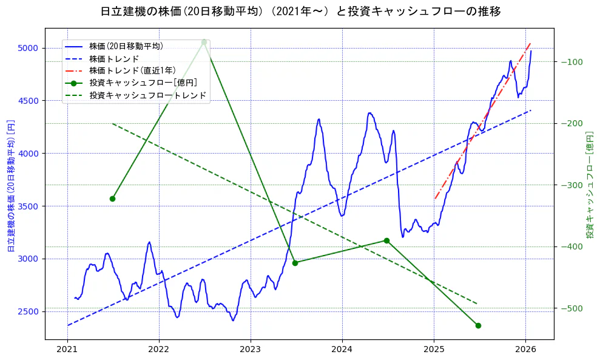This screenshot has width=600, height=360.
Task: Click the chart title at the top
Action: (300, 11)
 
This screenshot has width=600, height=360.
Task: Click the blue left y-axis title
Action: (10, 185)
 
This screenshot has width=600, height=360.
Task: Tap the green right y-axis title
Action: (589, 185)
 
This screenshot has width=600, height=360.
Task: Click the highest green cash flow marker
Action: (204, 42)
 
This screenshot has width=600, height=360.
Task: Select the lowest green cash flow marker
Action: (478, 325)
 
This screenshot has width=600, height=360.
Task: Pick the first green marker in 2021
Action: (112, 199)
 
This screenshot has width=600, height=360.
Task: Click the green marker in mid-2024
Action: (386, 240)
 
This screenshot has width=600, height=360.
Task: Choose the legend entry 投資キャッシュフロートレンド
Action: (147, 95)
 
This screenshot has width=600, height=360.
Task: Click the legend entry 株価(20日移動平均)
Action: (126, 46)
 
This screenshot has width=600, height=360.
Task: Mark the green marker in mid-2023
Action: (295, 263)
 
